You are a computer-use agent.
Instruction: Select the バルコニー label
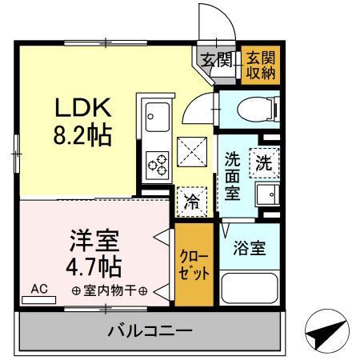150,330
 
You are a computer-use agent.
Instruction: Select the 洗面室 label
232,176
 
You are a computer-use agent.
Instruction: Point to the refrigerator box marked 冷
193,202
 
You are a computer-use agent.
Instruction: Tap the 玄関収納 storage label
258,63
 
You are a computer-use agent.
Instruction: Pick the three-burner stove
156,164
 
